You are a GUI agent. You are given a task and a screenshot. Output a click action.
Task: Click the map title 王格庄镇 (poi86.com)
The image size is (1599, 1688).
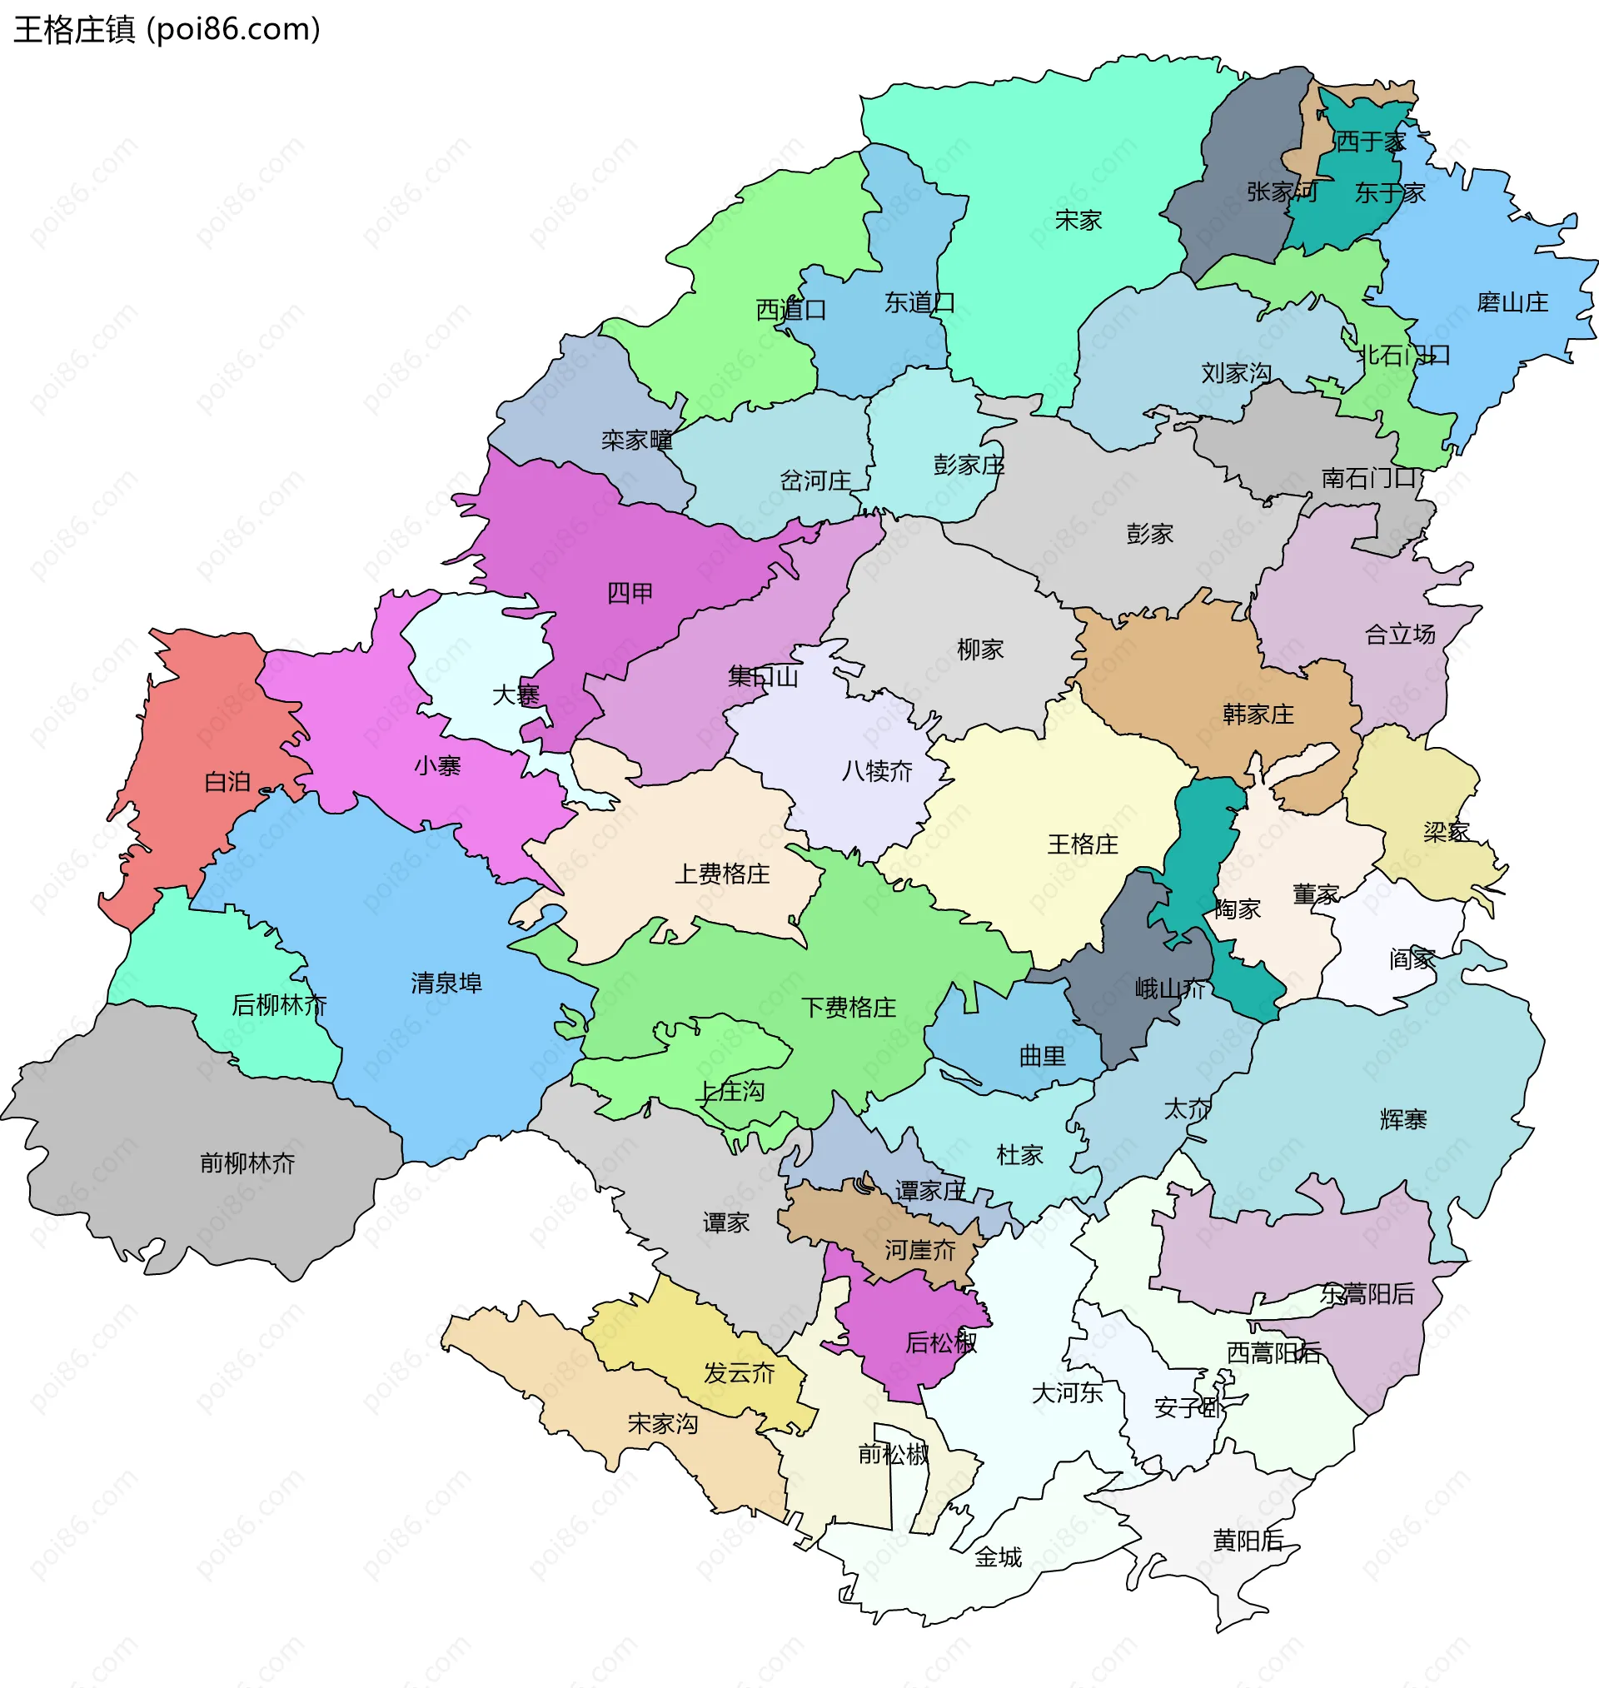(x=167, y=30)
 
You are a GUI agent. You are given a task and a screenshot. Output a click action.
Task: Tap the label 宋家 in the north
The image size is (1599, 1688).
(x=1078, y=221)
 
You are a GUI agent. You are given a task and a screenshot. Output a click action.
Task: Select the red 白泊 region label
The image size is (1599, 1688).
(x=227, y=781)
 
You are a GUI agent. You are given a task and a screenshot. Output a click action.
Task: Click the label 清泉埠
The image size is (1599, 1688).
(x=446, y=983)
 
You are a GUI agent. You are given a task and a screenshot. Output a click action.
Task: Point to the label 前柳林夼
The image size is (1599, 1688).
(x=247, y=1163)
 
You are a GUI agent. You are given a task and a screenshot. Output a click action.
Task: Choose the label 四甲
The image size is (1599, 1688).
(x=630, y=593)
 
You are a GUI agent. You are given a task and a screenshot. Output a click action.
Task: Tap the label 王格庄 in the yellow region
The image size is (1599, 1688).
(x=1083, y=844)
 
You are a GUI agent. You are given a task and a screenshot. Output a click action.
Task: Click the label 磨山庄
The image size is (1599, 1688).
(x=1512, y=302)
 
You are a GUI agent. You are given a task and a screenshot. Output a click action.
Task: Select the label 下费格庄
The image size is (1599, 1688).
(x=848, y=1007)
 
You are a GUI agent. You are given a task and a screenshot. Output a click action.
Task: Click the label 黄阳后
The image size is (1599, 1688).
(x=1248, y=1540)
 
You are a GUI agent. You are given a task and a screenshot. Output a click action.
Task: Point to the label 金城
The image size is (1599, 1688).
(x=998, y=1556)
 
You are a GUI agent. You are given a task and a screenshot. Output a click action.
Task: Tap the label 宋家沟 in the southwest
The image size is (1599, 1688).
(x=662, y=1423)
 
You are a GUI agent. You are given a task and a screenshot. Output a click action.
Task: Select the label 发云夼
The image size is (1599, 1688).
(x=739, y=1372)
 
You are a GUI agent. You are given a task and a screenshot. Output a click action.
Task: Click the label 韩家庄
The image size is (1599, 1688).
(x=1258, y=713)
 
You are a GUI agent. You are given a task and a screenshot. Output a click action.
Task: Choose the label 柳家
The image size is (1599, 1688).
(x=980, y=650)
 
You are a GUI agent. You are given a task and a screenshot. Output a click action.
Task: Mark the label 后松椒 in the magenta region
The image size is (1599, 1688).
(x=940, y=1342)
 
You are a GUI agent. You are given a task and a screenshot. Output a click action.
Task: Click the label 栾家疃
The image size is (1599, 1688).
(x=637, y=440)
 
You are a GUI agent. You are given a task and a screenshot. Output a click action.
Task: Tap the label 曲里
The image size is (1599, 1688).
(x=1043, y=1056)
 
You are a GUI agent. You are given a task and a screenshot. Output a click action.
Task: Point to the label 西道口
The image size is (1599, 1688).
(x=791, y=309)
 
